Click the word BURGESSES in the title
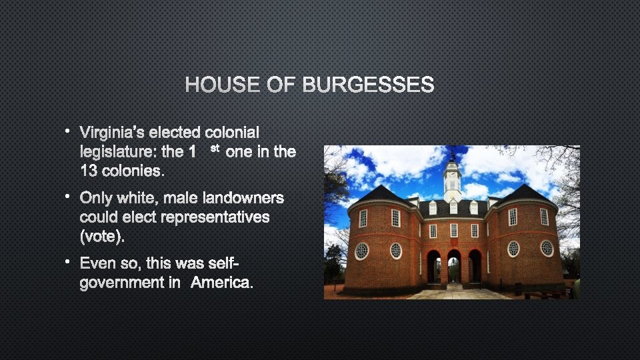click(x=368, y=85)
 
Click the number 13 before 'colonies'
click(x=89, y=171)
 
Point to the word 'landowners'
click(x=243, y=198)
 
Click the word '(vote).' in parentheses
click(x=102, y=236)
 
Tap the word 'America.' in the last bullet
click(x=222, y=283)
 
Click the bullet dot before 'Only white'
click(x=68, y=197)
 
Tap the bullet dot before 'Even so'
click(x=68, y=263)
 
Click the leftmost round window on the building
click(x=361, y=251)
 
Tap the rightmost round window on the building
click(x=547, y=248)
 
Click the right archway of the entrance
click(x=475, y=265)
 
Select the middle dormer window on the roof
click(x=453, y=208)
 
